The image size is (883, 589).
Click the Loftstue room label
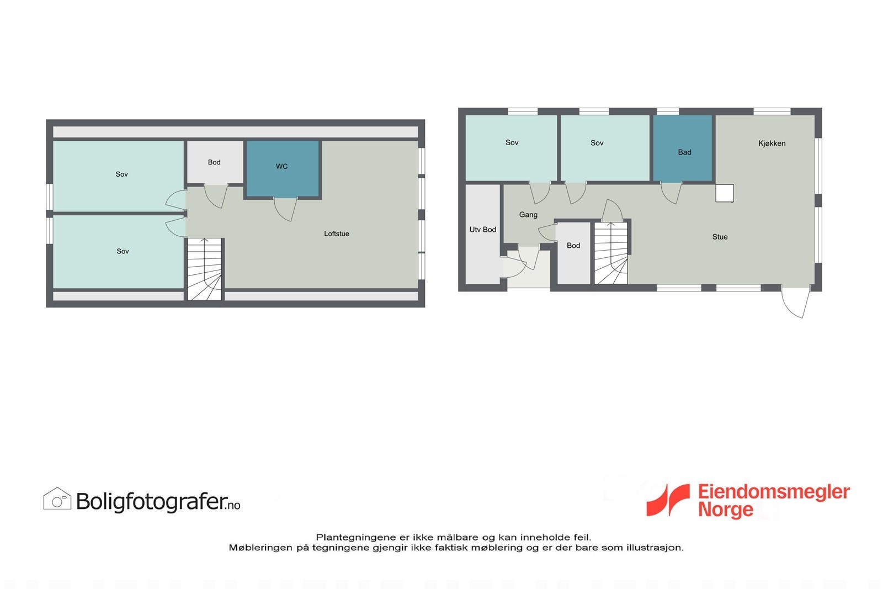(x=336, y=234)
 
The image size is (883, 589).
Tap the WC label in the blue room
(x=281, y=166)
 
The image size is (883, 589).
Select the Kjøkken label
(x=772, y=143)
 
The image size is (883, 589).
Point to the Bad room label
(x=684, y=152)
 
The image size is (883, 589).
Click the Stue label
(x=720, y=237)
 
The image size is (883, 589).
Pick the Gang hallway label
(x=528, y=215)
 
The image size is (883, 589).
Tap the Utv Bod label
(x=482, y=230)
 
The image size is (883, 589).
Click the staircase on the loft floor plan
(x=205, y=269)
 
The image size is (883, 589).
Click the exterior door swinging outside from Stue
(x=796, y=302)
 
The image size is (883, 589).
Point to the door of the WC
(x=286, y=209)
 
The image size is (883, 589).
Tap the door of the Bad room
(x=671, y=193)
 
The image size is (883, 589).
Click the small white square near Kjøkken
(x=724, y=193)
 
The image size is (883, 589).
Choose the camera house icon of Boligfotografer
(x=57, y=499)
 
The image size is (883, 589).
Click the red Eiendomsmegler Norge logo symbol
(x=668, y=500)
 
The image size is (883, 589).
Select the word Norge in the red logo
(x=725, y=509)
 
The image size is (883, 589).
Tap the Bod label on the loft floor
(x=214, y=162)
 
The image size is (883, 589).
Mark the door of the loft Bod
(x=216, y=196)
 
